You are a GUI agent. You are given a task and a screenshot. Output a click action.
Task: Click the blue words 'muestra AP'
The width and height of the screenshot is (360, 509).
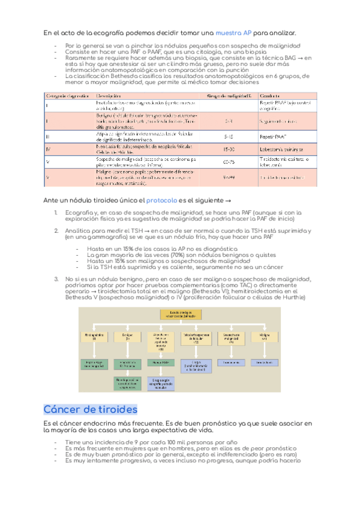pos(234,32)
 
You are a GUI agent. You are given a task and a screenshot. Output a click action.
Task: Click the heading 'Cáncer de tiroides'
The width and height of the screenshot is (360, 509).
pos(91,409)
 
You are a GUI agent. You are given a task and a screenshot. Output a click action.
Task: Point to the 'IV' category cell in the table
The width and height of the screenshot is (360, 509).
pos(47,148)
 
